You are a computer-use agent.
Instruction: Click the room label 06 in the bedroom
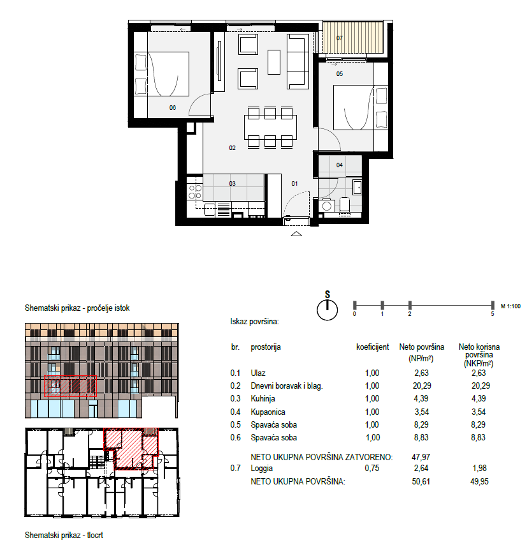tap(173, 108)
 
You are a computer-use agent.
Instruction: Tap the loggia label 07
tap(340, 38)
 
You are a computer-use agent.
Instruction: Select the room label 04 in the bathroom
tap(340, 165)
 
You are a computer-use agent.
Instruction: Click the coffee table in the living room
tap(274, 62)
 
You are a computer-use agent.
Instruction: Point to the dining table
tap(270, 127)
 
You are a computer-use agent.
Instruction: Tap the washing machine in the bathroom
tap(327, 206)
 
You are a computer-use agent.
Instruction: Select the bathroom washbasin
tap(357, 187)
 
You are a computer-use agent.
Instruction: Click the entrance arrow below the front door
tap(296, 234)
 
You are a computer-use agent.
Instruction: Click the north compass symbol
tap(327, 307)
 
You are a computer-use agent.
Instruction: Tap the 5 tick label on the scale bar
tap(493, 314)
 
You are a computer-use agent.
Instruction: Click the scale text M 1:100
tap(510, 306)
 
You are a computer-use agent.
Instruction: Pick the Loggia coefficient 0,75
tap(372, 468)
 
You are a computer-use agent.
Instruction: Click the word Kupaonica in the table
tap(268, 412)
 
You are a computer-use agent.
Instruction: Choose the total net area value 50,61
tap(421, 481)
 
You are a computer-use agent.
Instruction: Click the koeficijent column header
tap(372, 347)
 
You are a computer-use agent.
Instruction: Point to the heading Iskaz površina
tap(255, 322)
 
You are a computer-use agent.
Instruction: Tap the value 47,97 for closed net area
tap(421, 457)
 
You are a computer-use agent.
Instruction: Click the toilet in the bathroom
tap(345, 204)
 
